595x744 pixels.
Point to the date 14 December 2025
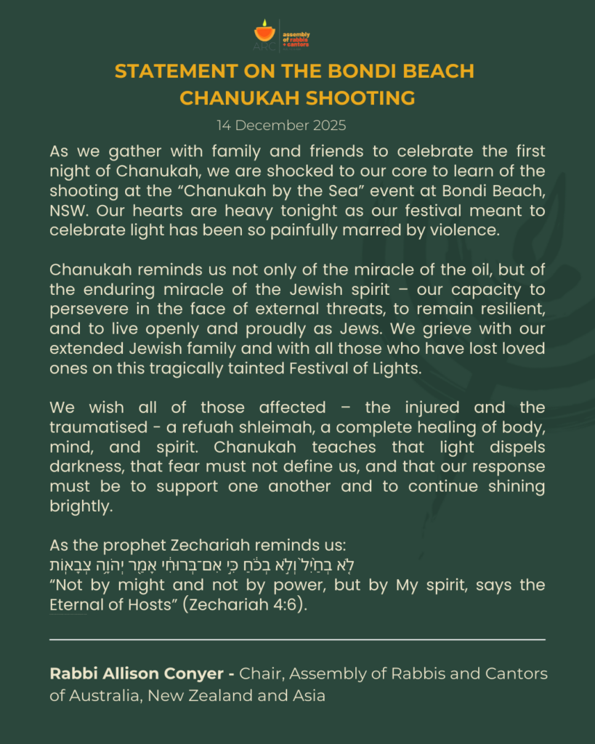tap(281, 125)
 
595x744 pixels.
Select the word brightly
tap(81, 505)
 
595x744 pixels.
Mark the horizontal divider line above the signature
tap(297, 640)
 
